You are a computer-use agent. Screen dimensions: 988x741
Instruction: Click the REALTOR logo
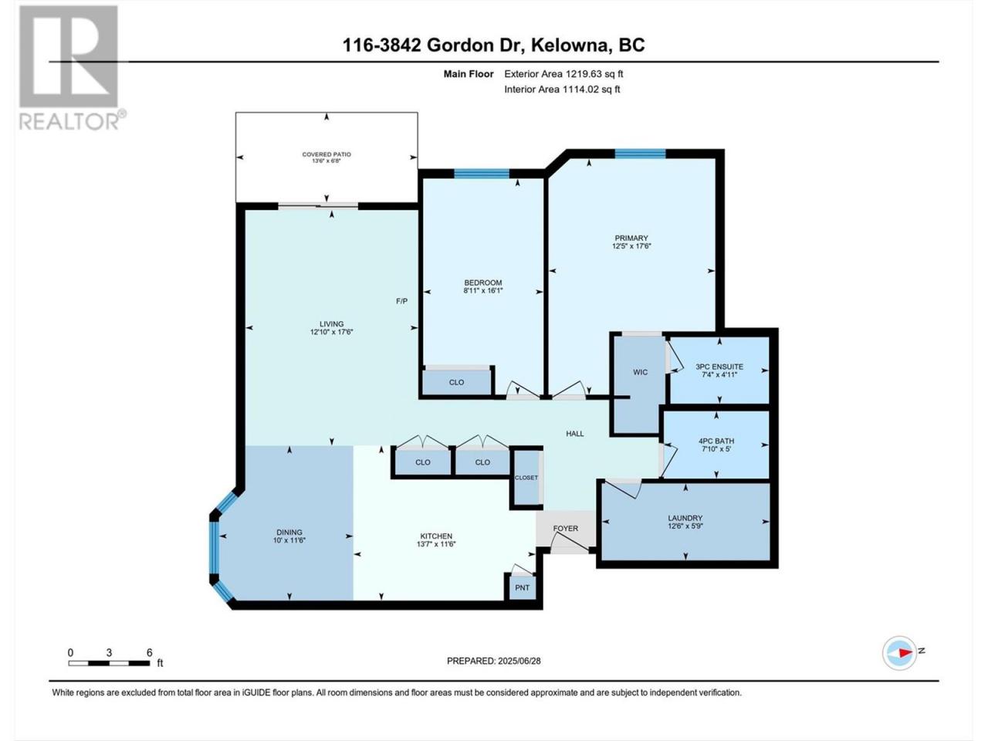point(72,67)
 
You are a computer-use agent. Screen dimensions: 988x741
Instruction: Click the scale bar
point(109,663)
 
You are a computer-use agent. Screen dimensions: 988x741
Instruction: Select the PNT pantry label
point(522,587)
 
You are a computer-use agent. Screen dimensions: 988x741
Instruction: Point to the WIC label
point(640,372)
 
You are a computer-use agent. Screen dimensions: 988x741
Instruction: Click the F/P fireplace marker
point(401,301)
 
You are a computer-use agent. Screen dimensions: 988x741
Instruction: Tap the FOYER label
point(565,528)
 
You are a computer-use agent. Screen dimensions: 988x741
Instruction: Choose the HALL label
point(575,434)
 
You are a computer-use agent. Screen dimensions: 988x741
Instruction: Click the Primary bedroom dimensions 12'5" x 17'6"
point(631,246)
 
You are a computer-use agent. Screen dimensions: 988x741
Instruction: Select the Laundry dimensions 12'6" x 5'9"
point(685,526)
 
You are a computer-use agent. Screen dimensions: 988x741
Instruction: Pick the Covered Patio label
point(327,154)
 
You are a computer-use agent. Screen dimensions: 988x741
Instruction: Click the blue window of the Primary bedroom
point(640,154)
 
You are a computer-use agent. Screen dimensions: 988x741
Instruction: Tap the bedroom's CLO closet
point(456,382)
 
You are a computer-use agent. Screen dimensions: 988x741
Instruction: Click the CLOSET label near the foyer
point(526,478)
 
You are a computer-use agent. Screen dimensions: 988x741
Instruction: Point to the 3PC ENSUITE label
point(719,367)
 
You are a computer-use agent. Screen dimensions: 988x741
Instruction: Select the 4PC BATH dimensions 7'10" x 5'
point(716,448)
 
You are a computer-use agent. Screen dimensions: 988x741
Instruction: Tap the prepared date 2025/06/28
point(519,661)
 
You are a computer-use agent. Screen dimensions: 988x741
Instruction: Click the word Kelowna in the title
point(570,45)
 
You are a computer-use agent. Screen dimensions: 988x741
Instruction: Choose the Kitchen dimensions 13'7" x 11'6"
point(435,544)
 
